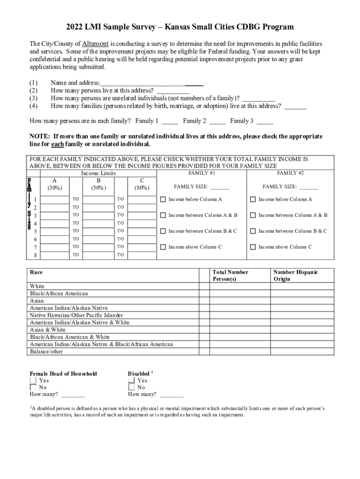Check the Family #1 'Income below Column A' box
[163, 199]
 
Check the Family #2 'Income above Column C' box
[253, 247]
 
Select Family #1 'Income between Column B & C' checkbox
[163, 231]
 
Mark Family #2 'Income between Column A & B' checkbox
[253, 215]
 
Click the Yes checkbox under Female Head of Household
[33, 380]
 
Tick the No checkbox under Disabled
[131, 387]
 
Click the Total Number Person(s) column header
[230, 275]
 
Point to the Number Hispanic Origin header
[295, 275]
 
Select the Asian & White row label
[48, 330]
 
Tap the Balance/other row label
[46, 351]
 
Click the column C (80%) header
[142, 184]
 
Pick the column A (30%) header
[55, 184]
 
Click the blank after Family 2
[217, 121]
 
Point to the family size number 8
[35, 255]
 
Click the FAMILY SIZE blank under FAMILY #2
[309, 187]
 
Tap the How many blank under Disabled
[171, 394]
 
